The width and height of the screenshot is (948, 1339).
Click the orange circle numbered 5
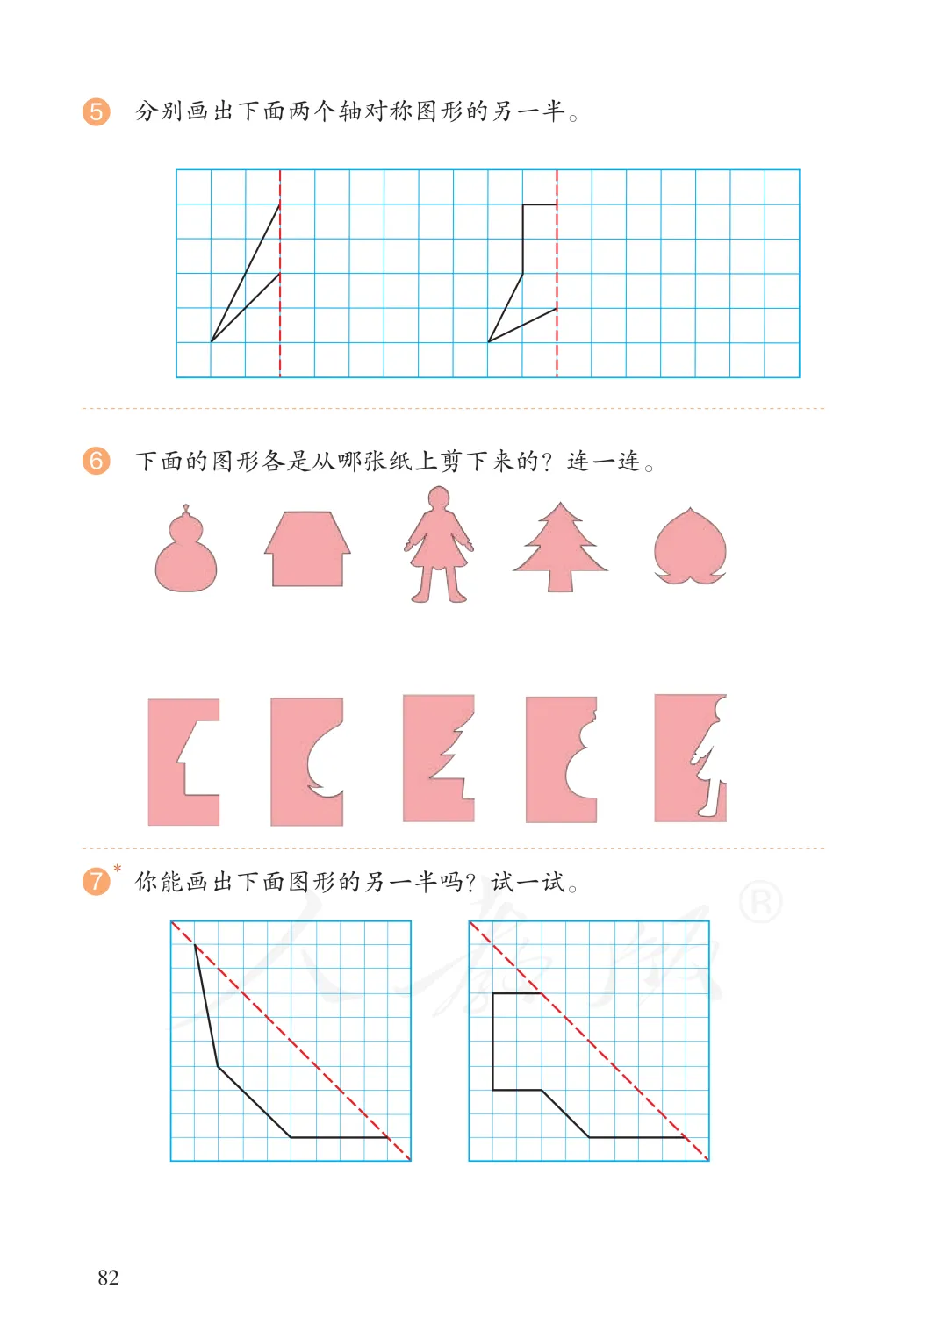click(x=97, y=111)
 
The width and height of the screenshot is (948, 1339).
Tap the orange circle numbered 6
click(x=97, y=461)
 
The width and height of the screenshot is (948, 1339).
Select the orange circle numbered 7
click(x=97, y=881)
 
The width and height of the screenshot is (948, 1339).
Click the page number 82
click(x=108, y=1278)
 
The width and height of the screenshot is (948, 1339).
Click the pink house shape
click(x=307, y=548)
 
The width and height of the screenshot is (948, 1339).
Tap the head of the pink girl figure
click(x=438, y=498)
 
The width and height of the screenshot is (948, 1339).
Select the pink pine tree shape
click(x=560, y=547)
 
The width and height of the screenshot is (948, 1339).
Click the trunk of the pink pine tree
click(x=560, y=581)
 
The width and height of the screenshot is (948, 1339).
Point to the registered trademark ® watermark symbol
click(x=761, y=902)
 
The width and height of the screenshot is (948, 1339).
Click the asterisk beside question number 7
click(x=118, y=868)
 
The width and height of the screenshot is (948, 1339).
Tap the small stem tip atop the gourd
click(x=186, y=508)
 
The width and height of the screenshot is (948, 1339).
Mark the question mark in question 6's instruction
click(x=546, y=462)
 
